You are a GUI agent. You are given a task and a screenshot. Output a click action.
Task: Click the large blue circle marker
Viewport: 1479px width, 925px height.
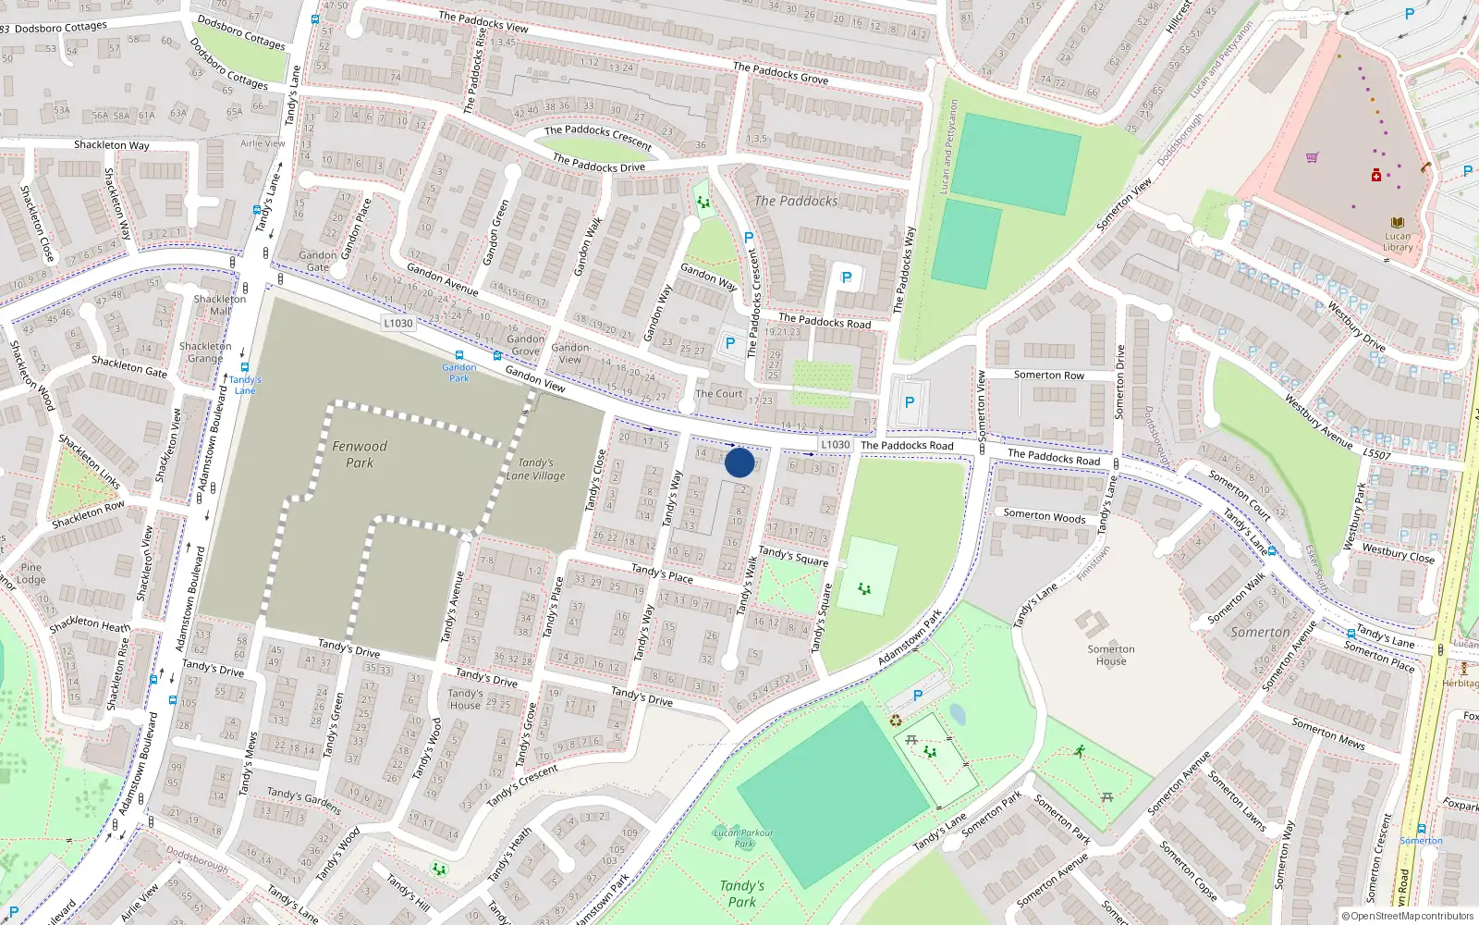[739, 462]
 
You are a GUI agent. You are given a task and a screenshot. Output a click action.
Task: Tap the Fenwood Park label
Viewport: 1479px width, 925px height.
[360, 454]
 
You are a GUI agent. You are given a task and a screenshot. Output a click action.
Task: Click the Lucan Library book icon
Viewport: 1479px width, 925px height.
[1397, 223]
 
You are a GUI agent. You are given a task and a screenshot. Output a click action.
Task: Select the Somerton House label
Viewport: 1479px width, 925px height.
[1111, 655]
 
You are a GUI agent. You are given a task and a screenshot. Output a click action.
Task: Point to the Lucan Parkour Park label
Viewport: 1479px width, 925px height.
[744, 838]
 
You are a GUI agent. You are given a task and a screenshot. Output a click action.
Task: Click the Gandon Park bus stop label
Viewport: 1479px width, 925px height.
[459, 373]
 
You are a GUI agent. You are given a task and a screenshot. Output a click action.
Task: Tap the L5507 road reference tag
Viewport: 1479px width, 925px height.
[1376, 454]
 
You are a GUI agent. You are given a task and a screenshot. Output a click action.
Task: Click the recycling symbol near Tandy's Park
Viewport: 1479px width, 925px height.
[895, 721]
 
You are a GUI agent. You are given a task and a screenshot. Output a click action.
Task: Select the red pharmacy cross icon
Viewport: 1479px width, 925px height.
[1376, 175]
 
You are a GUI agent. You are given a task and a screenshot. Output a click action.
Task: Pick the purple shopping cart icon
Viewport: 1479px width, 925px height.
[1311, 157]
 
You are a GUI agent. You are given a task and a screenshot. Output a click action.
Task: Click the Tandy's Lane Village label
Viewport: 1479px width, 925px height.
[535, 469]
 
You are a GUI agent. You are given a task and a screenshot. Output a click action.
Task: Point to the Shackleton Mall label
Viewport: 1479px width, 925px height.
[220, 304]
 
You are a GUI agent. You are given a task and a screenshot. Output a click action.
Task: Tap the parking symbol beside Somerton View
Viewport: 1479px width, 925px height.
[909, 402]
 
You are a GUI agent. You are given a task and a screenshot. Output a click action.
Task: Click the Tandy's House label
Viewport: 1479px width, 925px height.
[465, 698]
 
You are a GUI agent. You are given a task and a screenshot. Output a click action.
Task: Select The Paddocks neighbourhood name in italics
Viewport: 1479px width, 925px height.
[796, 201]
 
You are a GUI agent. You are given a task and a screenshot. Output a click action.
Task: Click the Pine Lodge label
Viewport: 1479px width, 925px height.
[31, 573]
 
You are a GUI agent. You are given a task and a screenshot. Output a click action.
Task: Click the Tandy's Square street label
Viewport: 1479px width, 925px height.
[793, 556]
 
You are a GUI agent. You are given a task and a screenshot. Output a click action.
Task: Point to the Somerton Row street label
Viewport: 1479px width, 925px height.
[1049, 375]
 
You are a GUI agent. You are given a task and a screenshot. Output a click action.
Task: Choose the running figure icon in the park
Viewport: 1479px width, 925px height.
[1080, 751]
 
